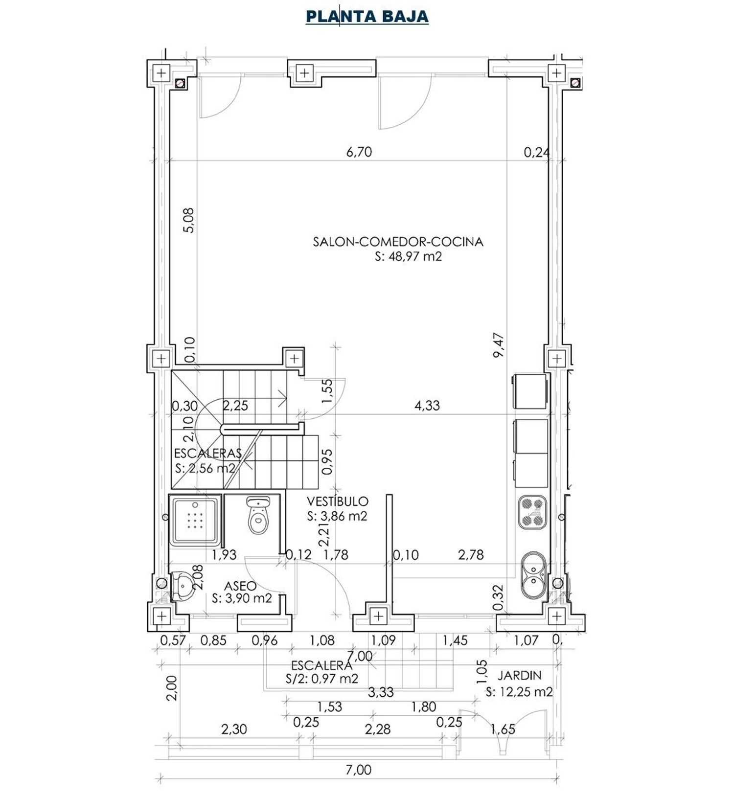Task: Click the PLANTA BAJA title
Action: pos(367,17)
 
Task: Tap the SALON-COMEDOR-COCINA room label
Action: pos(398,242)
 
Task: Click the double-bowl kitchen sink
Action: pos(533,575)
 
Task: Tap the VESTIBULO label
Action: pos(338,502)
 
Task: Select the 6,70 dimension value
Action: pos(359,152)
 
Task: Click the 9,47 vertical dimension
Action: pos(499,345)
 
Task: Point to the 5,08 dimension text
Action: pos(189,220)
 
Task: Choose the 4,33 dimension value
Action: pos(427,406)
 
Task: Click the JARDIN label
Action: pos(520,676)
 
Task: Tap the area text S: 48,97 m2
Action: pos(408,256)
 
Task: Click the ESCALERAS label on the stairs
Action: pos(208,453)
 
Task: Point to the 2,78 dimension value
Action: pos(471,555)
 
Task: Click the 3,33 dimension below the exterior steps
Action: pos(381,692)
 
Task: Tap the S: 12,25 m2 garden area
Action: pos(520,692)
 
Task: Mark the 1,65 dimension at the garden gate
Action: pos(503,729)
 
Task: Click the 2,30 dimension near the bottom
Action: pos(234,730)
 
